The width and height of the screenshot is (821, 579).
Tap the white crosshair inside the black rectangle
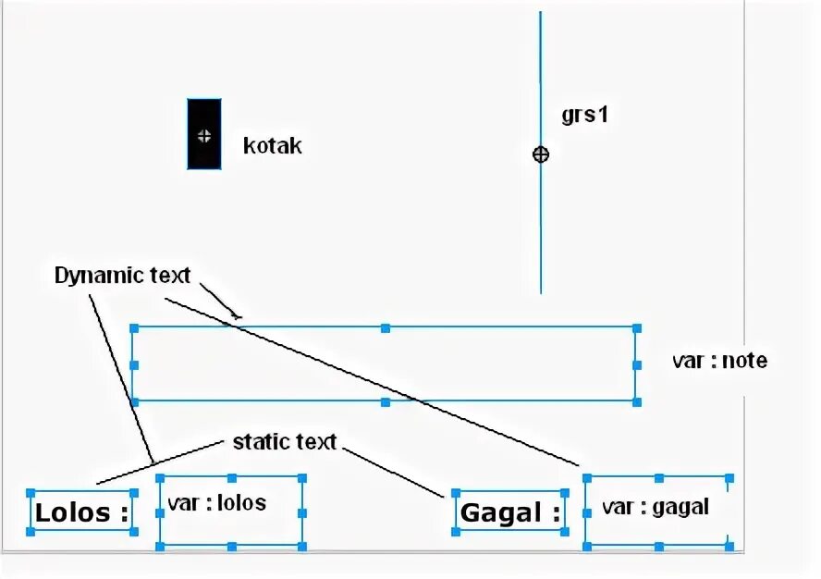pyautogui.click(x=204, y=135)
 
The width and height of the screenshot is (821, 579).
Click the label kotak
pyautogui.click(x=272, y=146)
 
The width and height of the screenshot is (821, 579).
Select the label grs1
pyautogui.click(x=584, y=116)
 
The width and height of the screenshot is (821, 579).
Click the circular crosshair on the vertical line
pyautogui.click(x=541, y=154)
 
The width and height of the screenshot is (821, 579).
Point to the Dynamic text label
pyautogui.click(x=122, y=275)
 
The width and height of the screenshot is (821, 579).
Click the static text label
pyautogui.click(x=284, y=441)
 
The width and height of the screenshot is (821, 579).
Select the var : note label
pyautogui.click(x=719, y=361)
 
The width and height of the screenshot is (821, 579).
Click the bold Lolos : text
pyautogui.click(x=81, y=512)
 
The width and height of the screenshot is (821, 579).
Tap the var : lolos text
pyautogui.click(x=216, y=502)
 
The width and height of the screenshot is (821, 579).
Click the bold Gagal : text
pyautogui.click(x=510, y=512)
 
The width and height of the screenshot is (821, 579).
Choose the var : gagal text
pyautogui.click(x=655, y=507)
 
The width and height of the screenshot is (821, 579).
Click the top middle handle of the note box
pyautogui.click(x=386, y=328)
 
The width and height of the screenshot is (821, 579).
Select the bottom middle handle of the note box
pyautogui.click(x=386, y=401)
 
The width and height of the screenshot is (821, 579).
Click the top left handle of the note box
pyautogui.click(x=134, y=328)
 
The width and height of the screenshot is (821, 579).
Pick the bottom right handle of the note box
pyautogui.click(x=636, y=401)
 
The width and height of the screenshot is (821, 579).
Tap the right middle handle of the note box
pyautogui.click(x=636, y=365)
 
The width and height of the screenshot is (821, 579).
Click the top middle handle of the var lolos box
pyautogui.click(x=231, y=478)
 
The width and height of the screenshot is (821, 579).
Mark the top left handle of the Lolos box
pyautogui.click(x=31, y=494)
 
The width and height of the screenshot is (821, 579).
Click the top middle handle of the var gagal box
pyautogui.click(x=657, y=478)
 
